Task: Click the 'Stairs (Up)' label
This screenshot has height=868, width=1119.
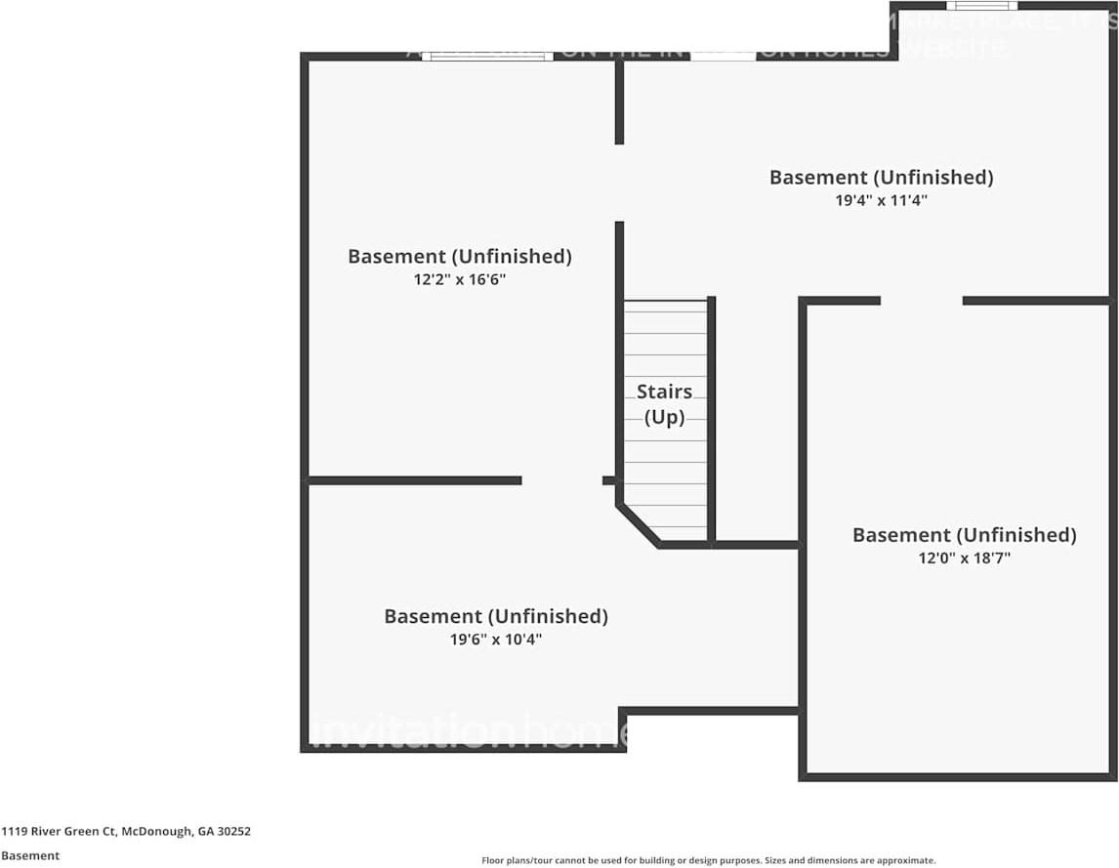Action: click(664, 404)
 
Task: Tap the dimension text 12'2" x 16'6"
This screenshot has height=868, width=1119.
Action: click(459, 279)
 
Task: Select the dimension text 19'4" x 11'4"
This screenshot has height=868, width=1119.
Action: click(881, 200)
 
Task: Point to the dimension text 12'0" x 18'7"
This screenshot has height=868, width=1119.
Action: click(964, 558)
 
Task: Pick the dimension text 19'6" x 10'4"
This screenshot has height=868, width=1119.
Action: click(495, 640)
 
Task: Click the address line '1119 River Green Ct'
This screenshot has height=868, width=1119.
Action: click(126, 832)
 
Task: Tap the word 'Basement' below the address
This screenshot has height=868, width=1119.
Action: click(30, 855)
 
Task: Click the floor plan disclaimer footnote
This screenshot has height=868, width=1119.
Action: click(708, 860)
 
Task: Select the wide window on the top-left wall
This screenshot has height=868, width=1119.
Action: click(487, 57)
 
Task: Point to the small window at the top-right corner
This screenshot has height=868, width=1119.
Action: click(968, 6)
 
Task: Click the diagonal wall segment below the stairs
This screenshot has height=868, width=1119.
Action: click(638, 525)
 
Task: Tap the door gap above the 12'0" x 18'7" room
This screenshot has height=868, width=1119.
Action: click(921, 301)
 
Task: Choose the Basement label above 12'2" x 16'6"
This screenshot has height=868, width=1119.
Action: click(459, 256)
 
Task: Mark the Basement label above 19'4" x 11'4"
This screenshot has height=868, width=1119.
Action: click(881, 177)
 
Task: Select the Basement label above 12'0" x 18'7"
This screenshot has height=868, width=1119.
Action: click(964, 535)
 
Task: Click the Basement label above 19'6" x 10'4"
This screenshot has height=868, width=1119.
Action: click(495, 616)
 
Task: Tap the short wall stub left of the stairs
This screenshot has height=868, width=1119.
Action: click(609, 480)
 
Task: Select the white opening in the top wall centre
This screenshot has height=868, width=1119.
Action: click(723, 57)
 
